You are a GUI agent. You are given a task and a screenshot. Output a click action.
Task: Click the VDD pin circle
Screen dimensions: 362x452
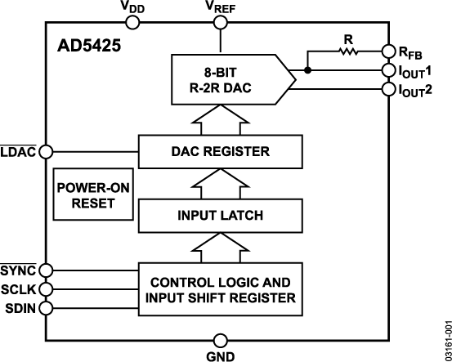[x=135, y=24]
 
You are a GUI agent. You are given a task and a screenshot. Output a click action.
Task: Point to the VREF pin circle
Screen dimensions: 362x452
[x=219, y=24]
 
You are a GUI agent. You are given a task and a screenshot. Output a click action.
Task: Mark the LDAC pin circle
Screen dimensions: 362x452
[x=47, y=151]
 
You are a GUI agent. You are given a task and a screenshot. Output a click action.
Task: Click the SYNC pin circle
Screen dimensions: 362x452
[x=47, y=270]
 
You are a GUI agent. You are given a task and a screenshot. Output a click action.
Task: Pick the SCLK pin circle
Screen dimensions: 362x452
[x=47, y=289]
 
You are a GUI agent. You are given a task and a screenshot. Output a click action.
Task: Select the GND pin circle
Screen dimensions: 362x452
[x=219, y=338]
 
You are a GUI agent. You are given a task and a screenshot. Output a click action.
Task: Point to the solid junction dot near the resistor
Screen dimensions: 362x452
[x=308, y=70]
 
